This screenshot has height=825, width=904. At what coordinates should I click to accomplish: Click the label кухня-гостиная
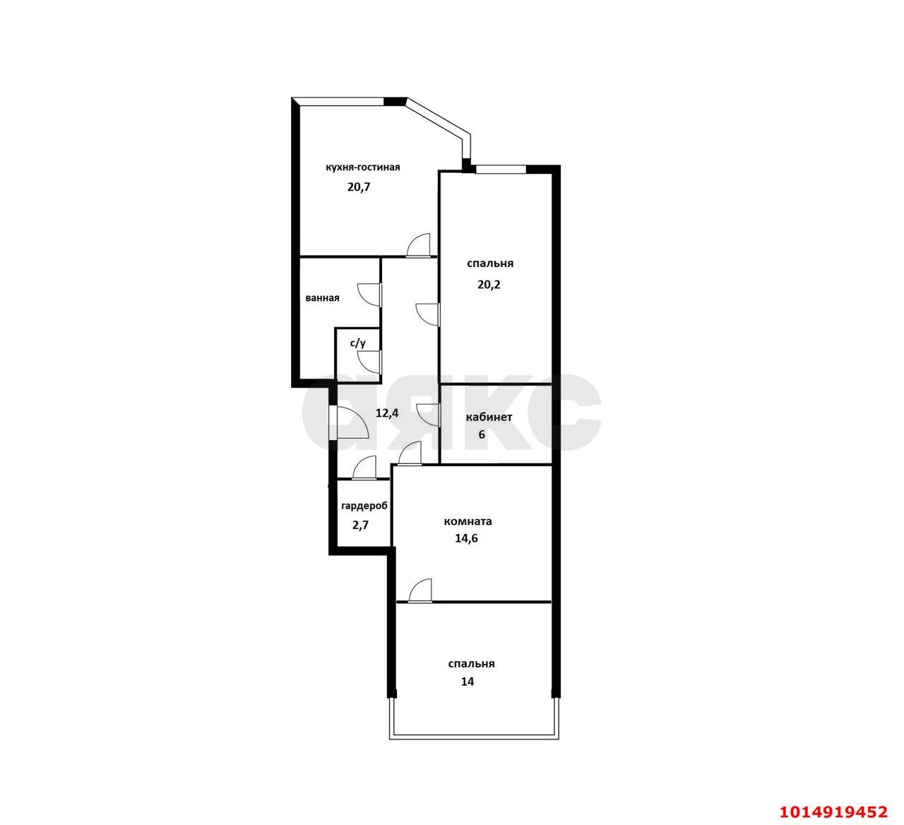(363, 167)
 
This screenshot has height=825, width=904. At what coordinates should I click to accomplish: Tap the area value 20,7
(359, 186)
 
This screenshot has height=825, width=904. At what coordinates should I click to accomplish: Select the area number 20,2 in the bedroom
(489, 285)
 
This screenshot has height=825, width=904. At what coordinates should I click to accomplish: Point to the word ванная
(322, 298)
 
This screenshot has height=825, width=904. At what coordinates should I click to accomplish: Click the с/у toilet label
(358, 343)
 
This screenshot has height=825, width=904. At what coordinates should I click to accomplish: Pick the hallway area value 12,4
(387, 412)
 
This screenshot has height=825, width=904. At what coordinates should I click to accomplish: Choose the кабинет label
(489, 417)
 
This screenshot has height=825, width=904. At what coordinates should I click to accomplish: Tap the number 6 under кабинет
(482, 434)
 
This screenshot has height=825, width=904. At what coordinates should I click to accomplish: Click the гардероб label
(364, 506)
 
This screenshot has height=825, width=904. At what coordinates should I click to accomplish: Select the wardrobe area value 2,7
(360, 525)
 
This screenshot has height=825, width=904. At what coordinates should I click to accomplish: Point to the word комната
(468, 521)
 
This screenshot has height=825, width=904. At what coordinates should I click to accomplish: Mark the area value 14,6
(466, 538)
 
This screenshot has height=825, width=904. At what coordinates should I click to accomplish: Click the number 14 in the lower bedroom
(468, 682)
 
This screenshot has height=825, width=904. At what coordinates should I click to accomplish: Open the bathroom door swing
(369, 295)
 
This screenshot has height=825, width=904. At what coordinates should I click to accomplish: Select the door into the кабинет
(428, 415)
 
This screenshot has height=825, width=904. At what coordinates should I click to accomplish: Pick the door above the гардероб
(364, 468)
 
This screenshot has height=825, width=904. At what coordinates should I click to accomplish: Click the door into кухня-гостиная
(418, 246)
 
